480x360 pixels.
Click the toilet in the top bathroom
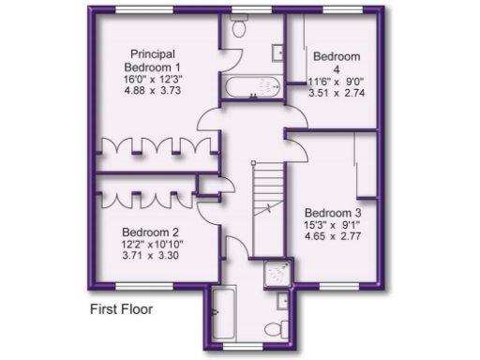[x=238, y=29]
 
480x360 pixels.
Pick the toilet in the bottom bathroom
[x=272, y=328]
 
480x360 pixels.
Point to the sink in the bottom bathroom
[x=283, y=301]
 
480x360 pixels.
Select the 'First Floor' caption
[x=121, y=308]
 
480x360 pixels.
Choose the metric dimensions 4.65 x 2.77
[x=333, y=238]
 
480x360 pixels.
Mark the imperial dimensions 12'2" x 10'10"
[x=150, y=245]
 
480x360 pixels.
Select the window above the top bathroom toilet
[x=247, y=10]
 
